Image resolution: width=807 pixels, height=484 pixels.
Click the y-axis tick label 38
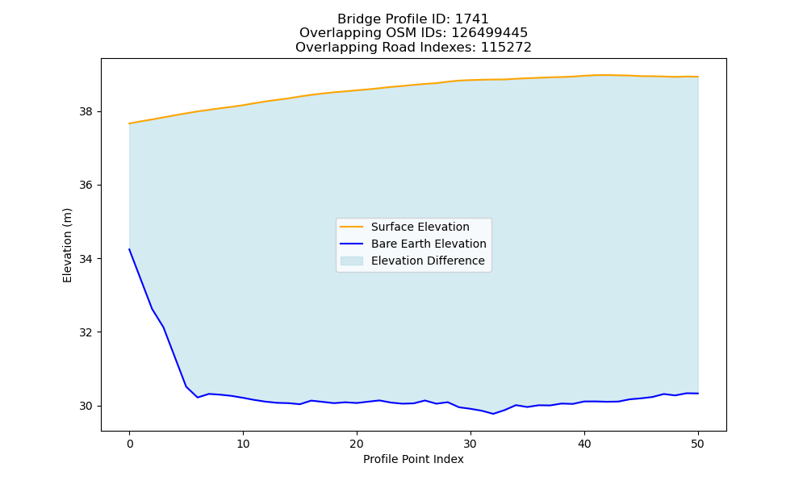point(86,111)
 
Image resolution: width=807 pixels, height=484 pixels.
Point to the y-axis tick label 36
point(86,186)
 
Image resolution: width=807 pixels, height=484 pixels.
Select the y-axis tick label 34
point(86,259)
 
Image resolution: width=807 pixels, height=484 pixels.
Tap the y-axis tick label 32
point(86,332)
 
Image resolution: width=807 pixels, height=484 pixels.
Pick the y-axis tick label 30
point(86,406)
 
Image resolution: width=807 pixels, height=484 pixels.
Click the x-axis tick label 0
point(130,444)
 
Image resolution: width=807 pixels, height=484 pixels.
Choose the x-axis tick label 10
point(243,444)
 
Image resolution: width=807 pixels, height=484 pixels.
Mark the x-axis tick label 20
point(357,444)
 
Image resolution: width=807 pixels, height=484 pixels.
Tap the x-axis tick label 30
point(470,444)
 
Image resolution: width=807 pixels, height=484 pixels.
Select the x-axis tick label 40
point(584,444)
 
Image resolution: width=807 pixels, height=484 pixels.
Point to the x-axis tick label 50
point(698,444)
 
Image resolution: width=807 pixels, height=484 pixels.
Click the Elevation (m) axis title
point(68,245)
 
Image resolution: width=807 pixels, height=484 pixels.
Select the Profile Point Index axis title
point(413,459)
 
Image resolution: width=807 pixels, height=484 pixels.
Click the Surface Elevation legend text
point(420,227)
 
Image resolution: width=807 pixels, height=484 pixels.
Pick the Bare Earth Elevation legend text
point(429,244)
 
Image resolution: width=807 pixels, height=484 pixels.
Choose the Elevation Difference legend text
point(428,261)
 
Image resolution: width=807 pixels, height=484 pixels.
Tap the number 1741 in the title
point(472,19)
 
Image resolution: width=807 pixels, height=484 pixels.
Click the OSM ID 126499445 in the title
point(490,33)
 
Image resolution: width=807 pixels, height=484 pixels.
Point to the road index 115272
point(506,48)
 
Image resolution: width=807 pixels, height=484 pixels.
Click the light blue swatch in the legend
point(352,261)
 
